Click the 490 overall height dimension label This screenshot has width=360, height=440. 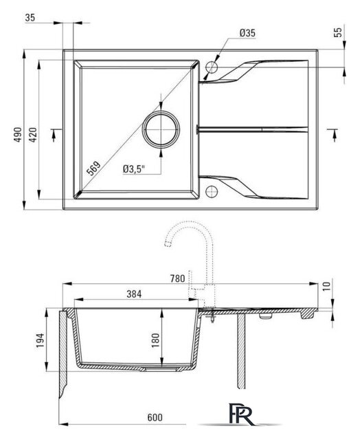(18, 135)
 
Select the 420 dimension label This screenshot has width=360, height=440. (33, 135)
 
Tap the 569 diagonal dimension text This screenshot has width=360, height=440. (93, 168)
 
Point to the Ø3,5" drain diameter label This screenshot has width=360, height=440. (134, 169)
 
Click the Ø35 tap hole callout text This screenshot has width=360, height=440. (247, 33)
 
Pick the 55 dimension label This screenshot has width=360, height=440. (339, 32)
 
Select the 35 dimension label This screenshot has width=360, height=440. (30, 18)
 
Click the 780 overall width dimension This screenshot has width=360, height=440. (178, 278)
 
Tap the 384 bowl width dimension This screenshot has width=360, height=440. (134, 294)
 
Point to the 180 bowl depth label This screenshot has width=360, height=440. (155, 340)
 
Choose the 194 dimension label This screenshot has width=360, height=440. (40, 341)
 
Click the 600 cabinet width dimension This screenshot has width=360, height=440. (155, 417)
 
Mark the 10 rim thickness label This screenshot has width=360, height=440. (326, 286)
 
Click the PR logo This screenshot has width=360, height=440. (241, 415)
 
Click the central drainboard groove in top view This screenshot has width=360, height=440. (252, 129)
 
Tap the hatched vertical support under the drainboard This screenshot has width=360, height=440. (241, 351)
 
